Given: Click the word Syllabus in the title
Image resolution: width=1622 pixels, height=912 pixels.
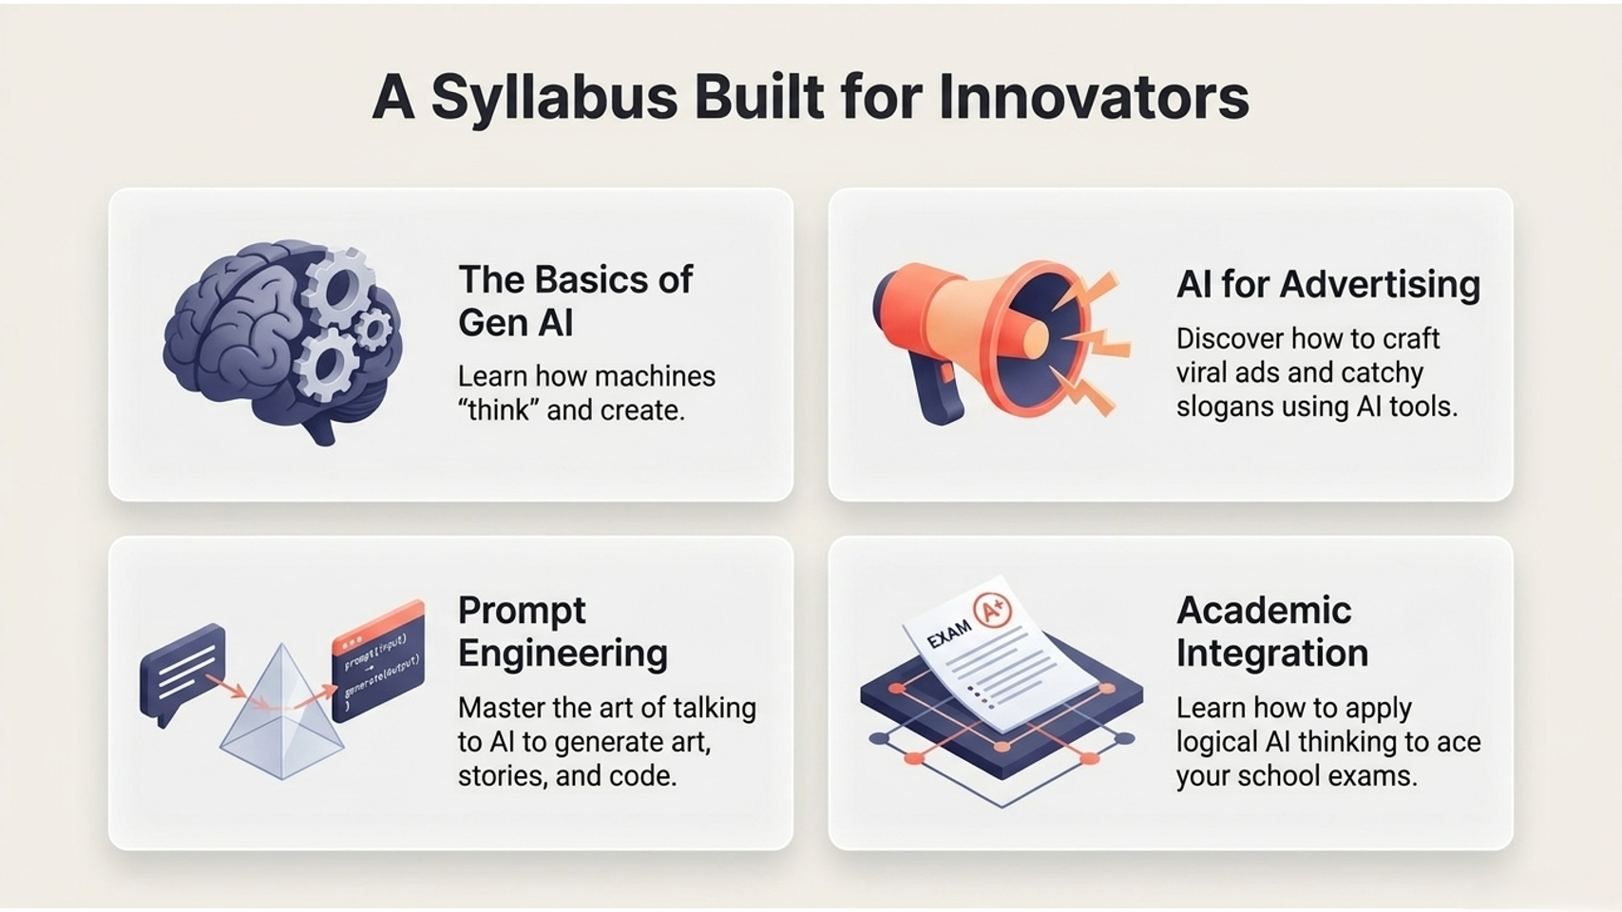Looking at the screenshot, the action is point(555,99).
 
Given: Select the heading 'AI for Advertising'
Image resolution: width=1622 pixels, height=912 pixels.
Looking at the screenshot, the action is point(1328,284).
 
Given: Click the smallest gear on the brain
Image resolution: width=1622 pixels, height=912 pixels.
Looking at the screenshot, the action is point(374,330).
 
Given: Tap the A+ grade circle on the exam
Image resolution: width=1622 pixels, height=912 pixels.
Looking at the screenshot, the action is point(992,613).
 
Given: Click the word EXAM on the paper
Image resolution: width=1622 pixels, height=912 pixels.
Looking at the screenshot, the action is point(949,635).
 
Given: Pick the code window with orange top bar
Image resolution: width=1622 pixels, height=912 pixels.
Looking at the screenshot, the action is point(378,661).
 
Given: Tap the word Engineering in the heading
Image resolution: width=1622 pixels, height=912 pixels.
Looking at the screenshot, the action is point(563,654).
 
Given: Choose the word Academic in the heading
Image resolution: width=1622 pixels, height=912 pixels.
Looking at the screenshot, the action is point(1264,610).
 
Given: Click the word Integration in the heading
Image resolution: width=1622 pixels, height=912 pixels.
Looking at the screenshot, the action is point(1272,653).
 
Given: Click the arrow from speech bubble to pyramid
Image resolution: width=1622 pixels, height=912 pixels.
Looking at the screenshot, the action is point(226,686).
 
